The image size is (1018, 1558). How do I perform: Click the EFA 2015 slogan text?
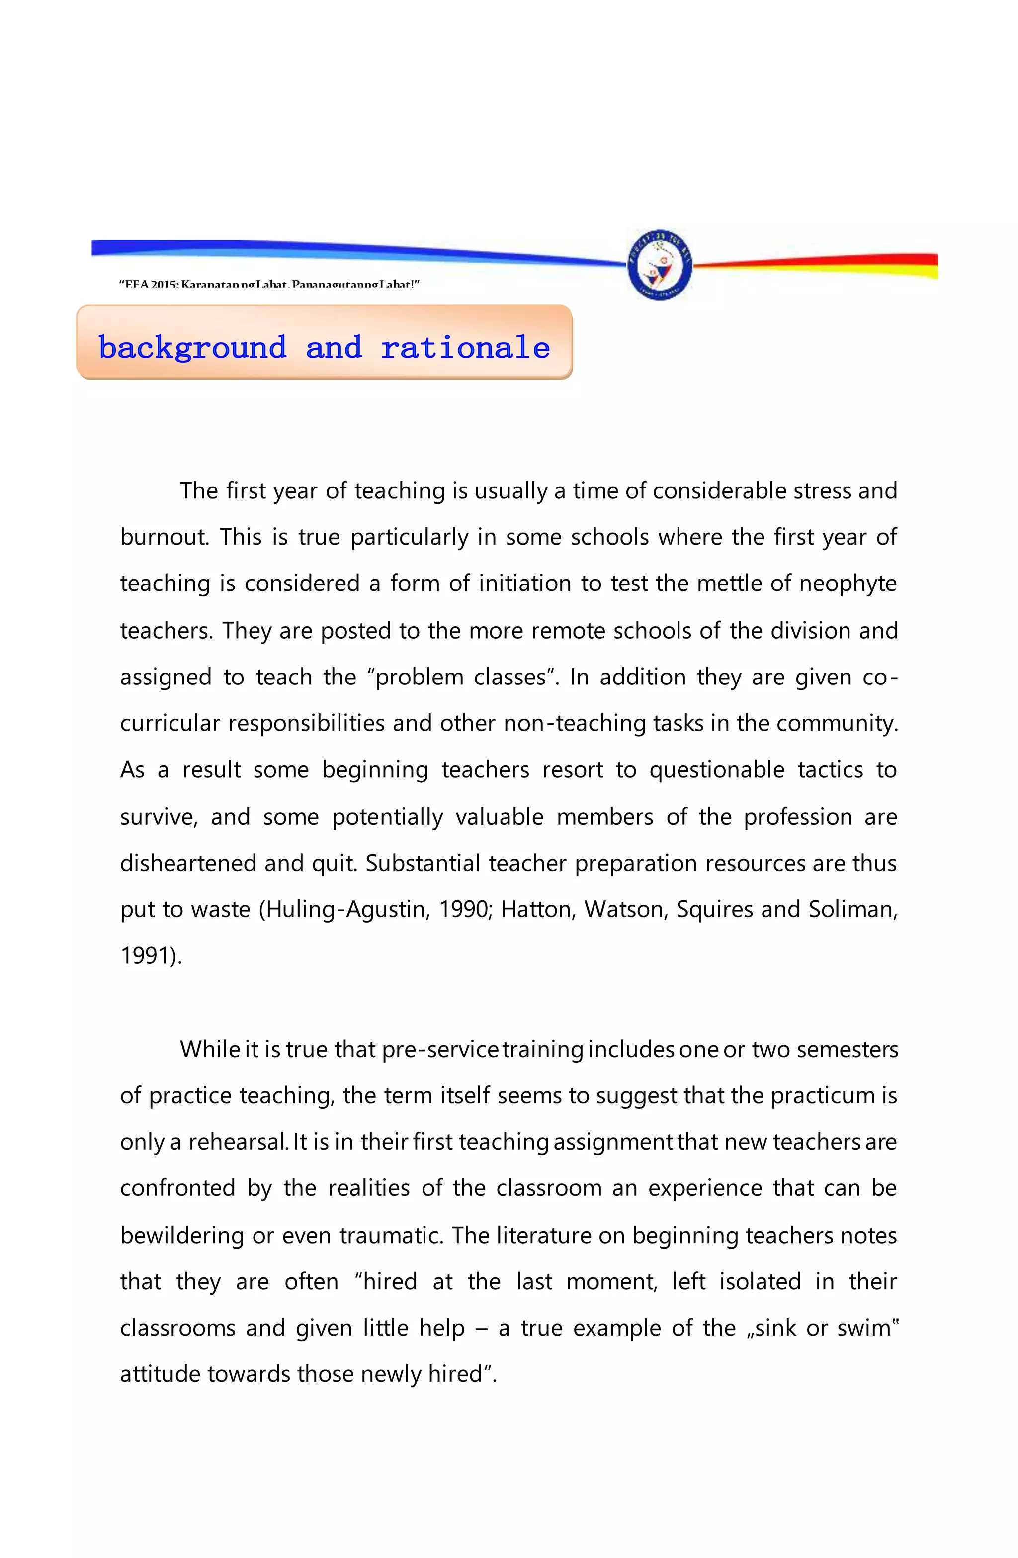pyautogui.click(x=269, y=284)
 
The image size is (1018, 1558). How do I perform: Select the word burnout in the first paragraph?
pyautogui.click(x=164, y=537)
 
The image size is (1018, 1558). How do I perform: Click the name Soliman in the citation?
pyautogui.click(x=851, y=909)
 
